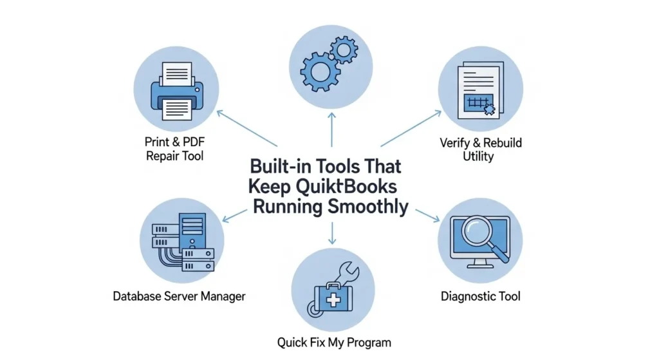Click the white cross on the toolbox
pyautogui.click(x=333, y=300)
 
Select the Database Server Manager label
pyautogui.click(x=179, y=296)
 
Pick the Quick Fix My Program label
pyautogui.click(x=333, y=342)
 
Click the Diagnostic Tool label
pyautogui.click(x=480, y=296)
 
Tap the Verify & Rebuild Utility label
pyautogui.click(x=480, y=149)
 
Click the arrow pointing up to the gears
pyautogui.click(x=331, y=128)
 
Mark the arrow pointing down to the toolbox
pyautogui.click(x=331, y=234)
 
